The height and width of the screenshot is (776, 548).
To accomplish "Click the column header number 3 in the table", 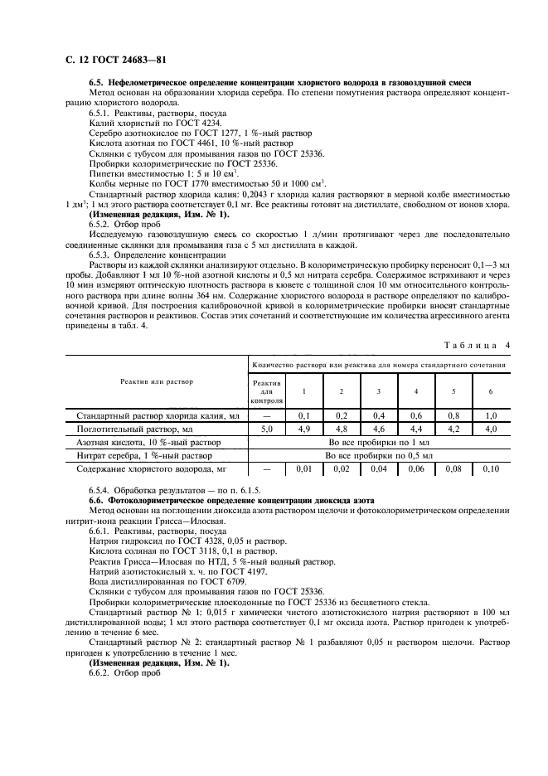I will click(x=378, y=390).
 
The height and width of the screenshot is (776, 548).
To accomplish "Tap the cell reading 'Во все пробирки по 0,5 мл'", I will click(x=379, y=456).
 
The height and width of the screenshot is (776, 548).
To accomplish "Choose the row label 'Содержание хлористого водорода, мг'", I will click(x=147, y=469).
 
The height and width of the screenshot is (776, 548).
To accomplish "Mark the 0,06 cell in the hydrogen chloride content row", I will click(x=416, y=469).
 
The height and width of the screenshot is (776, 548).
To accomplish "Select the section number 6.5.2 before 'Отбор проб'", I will click(x=101, y=224).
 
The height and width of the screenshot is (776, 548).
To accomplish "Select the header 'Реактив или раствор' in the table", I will click(x=157, y=381).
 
